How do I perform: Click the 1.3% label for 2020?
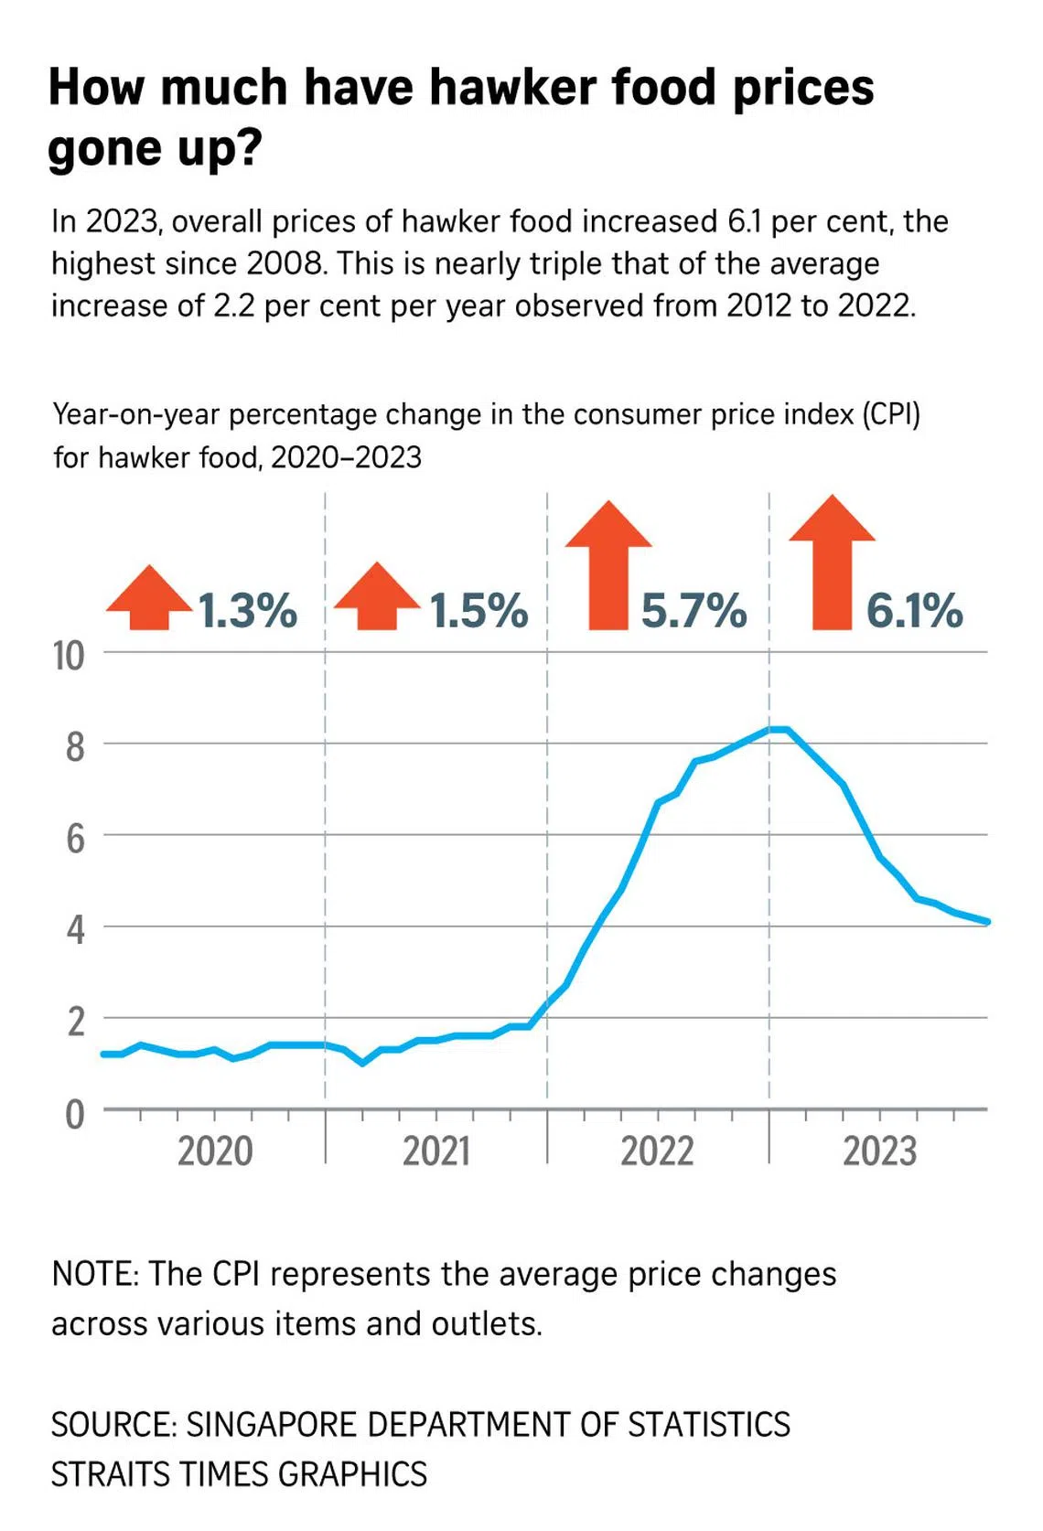(248, 610)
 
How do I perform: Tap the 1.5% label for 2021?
(479, 610)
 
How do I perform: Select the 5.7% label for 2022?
(694, 610)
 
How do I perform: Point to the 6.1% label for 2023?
(915, 610)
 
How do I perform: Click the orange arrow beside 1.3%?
(149, 598)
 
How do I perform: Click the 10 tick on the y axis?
(69, 656)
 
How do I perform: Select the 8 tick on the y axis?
(75, 747)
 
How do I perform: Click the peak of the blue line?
(778, 729)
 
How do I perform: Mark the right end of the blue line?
(987, 922)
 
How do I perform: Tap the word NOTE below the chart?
(94, 1274)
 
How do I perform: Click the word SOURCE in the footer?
(113, 1425)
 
